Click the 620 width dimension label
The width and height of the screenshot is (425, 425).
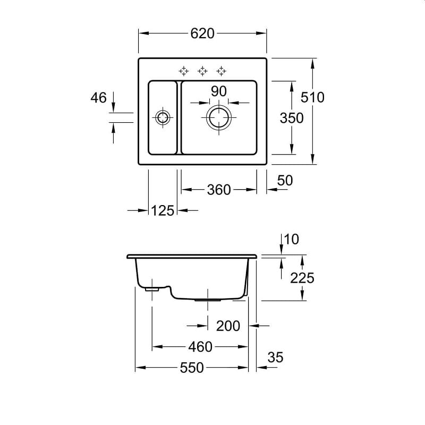(202, 33)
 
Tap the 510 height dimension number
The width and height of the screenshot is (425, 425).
(312, 97)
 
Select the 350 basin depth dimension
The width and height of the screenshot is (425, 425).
(292, 118)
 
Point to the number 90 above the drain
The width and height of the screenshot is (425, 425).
(219, 91)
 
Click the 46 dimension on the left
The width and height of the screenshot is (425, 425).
(99, 98)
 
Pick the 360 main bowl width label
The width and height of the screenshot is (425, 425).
(219, 190)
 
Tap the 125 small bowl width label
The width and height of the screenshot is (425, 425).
(163, 210)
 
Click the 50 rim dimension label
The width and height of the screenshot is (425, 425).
(285, 181)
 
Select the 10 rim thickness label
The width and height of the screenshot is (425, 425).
(292, 240)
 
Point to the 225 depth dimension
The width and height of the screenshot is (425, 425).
(302, 278)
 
